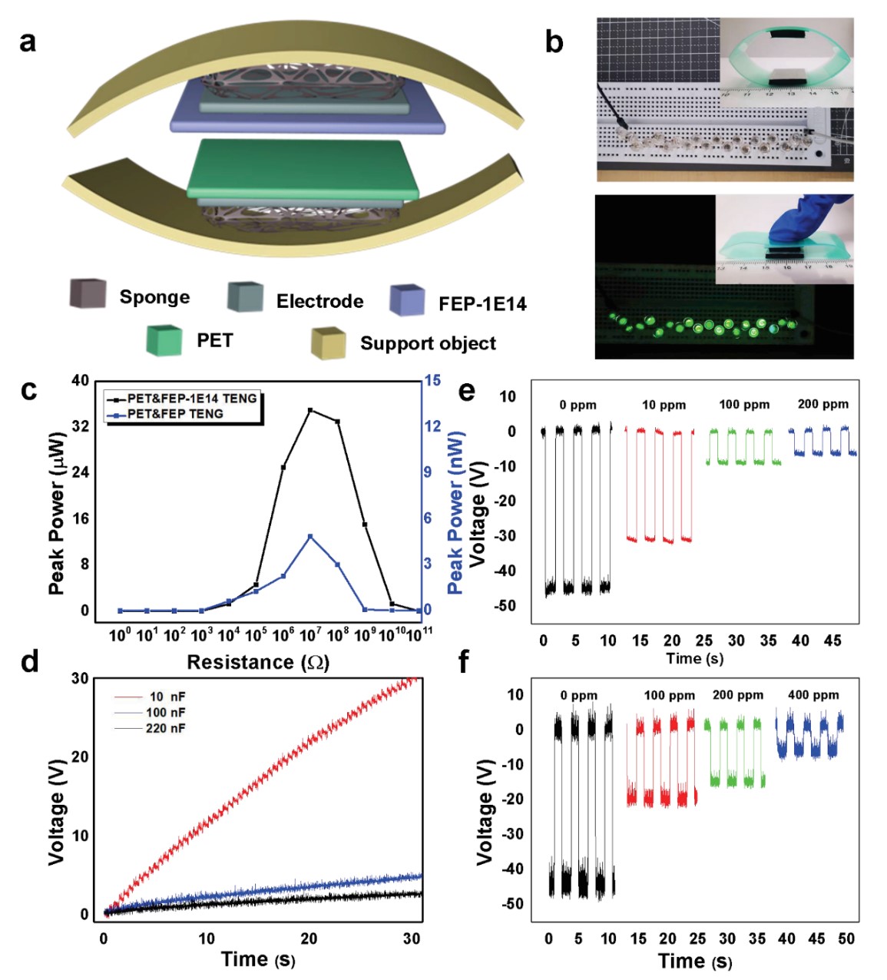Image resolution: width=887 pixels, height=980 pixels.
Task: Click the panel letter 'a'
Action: coord(28,41)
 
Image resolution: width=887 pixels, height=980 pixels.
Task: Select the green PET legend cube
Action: coord(164,340)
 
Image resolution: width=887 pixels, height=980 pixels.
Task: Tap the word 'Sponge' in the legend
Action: coord(154,297)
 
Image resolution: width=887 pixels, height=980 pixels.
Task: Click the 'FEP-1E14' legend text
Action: coord(482,304)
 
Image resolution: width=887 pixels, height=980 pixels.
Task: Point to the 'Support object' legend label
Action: coord(428,343)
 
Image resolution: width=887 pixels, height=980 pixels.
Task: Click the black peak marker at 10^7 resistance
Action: coord(310,410)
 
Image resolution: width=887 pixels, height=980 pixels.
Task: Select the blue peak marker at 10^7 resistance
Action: coord(310,536)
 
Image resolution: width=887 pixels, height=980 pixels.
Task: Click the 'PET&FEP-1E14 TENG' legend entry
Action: coord(191,399)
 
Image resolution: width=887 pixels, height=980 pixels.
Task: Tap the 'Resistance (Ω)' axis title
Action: coord(258,662)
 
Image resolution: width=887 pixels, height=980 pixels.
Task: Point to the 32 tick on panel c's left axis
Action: coord(80,426)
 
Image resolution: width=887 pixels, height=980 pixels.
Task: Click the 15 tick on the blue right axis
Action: coord(432,380)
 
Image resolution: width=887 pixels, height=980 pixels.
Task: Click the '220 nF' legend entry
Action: coord(165,728)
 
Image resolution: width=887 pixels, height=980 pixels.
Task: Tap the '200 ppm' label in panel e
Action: coord(823,404)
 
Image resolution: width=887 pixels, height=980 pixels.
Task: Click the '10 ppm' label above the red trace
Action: coord(664,405)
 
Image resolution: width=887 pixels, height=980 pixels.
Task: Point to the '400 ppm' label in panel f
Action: coord(813,695)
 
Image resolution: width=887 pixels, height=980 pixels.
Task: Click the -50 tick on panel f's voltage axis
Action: coord(513,904)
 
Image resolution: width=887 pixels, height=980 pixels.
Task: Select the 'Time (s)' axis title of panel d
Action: coord(258,959)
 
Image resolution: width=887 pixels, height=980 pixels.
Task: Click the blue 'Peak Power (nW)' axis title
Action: coord(456,512)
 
